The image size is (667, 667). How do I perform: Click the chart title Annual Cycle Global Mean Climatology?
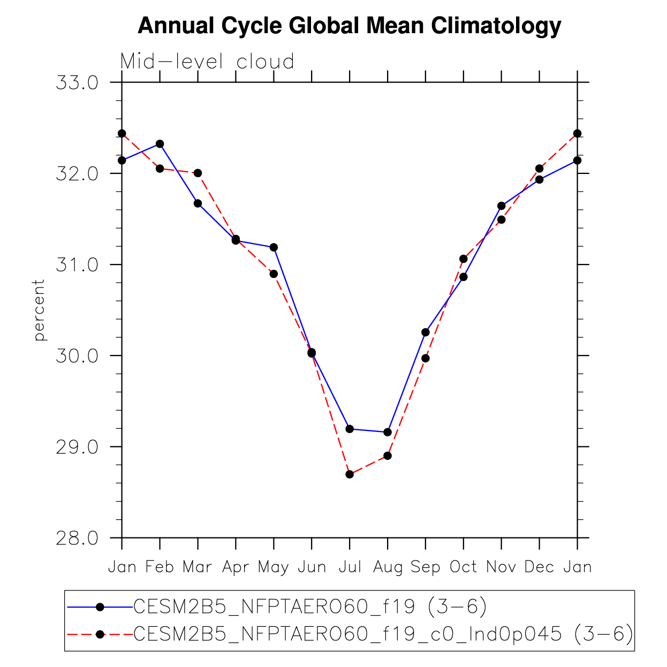pyautogui.click(x=349, y=26)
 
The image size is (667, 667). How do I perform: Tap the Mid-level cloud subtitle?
pyautogui.click(x=207, y=62)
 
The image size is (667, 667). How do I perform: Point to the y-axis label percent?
pyautogui.click(x=39, y=310)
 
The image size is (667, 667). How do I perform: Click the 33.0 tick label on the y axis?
pyautogui.click(x=77, y=83)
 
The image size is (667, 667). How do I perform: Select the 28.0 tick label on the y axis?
pyautogui.click(x=77, y=538)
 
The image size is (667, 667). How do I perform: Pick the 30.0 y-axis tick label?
pyautogui.click(x=77, y=356)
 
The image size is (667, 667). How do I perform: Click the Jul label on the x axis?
pyautogui.click(x=350, y=567)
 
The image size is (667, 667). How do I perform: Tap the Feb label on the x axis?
pyautogui.click(x=160, y=567)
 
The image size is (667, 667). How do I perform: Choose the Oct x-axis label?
pyautogui.click(x=463, y=567)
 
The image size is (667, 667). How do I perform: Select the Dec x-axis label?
pyautogui.click(x=539, y=567)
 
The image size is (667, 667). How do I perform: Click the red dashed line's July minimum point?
pyautogui.click(x=350, y=474)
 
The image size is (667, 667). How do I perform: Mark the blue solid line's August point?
pyautogui.click(x=388, y=432)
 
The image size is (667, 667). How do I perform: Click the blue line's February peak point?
pyautogui.click(x=160, y=144)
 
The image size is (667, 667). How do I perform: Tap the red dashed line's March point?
pyautogui.click(x=198, y=173)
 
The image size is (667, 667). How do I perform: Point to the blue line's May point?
pyautogui.click(x=274, y=247)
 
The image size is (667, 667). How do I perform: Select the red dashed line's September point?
pyautogui.click(x=426, y=358)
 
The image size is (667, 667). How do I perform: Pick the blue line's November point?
pyautogui.click(x=502, y=206)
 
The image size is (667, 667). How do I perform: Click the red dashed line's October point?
pyautogui.click(x=464, y=259)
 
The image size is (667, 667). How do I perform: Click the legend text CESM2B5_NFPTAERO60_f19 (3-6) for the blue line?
pyautogui.click(x=310, y=607)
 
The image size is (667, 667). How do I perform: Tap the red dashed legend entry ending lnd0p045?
pyautogui.click(x=383, y=634)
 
